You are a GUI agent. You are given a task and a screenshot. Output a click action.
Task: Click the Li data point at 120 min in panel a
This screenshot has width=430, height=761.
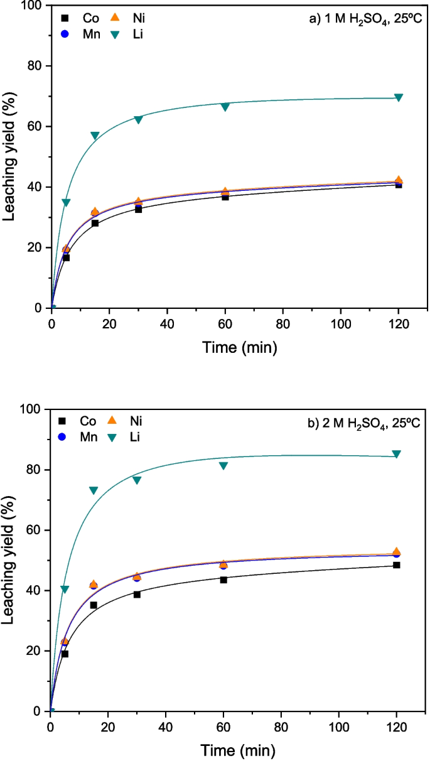[x=398, y=97]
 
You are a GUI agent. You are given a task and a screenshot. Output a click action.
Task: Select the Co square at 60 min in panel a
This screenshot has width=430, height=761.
[x=225, y=197]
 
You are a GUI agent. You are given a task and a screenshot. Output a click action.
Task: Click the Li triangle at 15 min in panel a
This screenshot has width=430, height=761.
[x=95, y=136]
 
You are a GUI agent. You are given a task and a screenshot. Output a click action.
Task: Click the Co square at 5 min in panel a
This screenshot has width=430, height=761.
[x=66, y=257]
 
